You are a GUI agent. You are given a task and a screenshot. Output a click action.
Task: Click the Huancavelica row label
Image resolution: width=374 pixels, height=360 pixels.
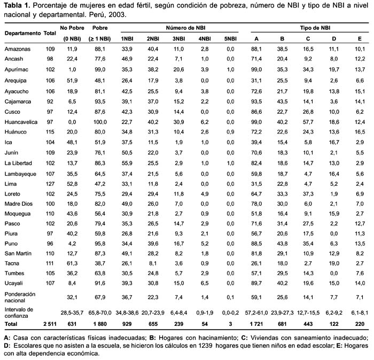21,122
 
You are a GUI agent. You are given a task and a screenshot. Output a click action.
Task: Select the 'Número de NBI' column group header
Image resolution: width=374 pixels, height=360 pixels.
185,28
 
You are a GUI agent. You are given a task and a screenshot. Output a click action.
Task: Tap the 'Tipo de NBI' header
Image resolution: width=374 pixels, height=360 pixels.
315,28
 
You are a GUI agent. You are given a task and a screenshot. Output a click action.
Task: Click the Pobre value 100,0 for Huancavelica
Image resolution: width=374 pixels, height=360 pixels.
100,122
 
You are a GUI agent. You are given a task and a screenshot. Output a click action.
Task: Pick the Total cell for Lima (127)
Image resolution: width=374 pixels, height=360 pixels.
50,184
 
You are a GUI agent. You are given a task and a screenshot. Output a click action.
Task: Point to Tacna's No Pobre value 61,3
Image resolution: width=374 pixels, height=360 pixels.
72,263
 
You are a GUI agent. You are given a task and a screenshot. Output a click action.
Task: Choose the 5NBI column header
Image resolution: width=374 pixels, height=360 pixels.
230,38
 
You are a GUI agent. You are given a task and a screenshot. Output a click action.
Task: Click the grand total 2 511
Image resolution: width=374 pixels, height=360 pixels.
50,324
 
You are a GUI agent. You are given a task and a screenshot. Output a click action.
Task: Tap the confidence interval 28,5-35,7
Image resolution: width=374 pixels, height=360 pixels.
72,312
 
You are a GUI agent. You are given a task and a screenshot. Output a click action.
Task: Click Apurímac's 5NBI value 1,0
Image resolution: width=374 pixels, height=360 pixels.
230,69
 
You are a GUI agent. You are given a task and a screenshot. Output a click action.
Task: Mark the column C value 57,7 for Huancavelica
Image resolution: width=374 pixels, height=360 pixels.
308,122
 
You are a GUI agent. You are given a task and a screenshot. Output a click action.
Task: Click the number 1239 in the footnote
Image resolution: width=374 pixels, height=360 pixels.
205,346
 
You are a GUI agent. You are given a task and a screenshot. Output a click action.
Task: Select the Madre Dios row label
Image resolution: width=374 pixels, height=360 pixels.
19,204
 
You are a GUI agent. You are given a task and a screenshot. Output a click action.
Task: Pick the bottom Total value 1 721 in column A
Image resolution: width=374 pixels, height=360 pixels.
256,324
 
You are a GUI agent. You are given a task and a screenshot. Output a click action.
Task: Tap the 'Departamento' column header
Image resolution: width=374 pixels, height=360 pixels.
22,33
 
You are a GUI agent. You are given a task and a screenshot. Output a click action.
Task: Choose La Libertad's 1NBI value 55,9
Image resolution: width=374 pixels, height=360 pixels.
127,163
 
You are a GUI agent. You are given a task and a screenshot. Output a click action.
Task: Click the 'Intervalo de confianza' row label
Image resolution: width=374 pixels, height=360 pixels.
19,312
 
